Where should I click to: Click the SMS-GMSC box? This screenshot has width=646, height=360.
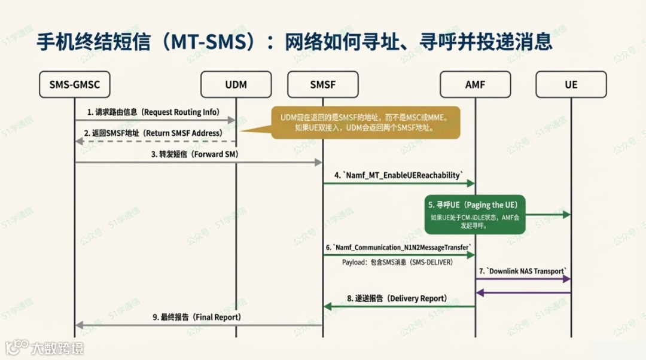point(74,84)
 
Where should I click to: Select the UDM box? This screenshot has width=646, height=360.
point(236,84)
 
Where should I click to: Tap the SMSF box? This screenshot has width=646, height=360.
point(323,84)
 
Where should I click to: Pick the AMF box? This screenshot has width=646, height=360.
point(475,84)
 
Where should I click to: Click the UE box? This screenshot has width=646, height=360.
point(571,84)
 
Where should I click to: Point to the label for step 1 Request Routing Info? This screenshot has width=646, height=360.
point(153,112)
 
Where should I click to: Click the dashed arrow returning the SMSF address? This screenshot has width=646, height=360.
point(155,141)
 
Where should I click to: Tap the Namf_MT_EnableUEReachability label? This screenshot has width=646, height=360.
point(398,175)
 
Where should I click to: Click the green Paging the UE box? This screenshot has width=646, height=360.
point(476,214)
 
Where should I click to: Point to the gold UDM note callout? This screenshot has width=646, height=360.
point(365,123)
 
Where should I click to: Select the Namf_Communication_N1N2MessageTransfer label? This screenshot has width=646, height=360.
point(398,247)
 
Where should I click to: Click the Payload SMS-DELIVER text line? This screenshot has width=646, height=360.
point(397,263)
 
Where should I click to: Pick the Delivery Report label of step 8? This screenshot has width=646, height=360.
point(397,298)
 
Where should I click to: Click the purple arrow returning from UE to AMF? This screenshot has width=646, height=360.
point(523,292)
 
